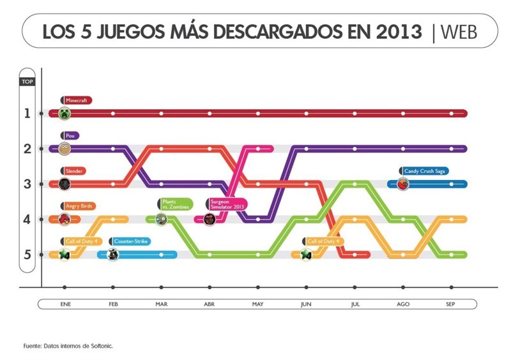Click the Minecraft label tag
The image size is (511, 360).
77,100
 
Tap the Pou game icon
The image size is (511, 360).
64,149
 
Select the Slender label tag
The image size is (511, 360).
75,171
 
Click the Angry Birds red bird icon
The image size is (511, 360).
64,220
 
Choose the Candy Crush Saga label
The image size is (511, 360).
423,171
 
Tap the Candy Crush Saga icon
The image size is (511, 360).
402,184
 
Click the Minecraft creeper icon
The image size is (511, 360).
64,114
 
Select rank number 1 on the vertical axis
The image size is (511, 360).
27,114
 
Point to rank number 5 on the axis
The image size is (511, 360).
27,255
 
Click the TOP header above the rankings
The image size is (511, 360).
27,81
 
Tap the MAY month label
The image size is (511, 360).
257,304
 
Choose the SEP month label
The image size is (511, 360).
452,304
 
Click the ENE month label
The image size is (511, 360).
64,304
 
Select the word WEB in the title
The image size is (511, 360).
459,31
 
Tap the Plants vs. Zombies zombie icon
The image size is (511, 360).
161,220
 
